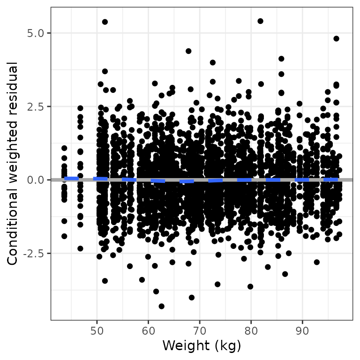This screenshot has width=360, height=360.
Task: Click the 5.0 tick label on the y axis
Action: (x=35, y=33)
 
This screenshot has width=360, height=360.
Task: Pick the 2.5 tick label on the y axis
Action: (x=35, y=106)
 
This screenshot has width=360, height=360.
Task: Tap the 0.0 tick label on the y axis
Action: (x=35, y=180)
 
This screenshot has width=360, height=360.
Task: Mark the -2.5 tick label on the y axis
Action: (x=33, y=253)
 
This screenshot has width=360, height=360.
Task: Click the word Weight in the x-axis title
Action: (x=184, y=346)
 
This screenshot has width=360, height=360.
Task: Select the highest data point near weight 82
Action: (x=260, y=21)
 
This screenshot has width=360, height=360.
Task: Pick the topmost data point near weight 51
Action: (x=105, y=22)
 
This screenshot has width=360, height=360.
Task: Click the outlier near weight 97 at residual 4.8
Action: (x=336, y=38)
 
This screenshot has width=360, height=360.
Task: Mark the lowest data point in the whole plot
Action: (x=161, y=306)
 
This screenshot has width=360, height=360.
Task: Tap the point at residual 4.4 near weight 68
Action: (x=188, y=51)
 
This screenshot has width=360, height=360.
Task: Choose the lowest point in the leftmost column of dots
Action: (x=64, y=236)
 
